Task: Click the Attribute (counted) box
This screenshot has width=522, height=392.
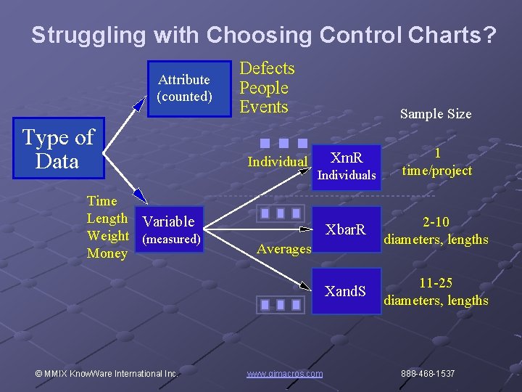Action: coord(184,88)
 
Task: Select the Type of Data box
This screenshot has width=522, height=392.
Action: coord(57,149)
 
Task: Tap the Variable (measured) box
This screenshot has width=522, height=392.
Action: coord(171,229)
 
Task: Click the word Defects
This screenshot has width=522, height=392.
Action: coord(267,69)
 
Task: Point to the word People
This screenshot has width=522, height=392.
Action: coord(264,88)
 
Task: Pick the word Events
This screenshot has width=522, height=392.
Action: coord(264,107)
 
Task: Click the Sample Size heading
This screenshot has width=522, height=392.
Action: coord(435,114)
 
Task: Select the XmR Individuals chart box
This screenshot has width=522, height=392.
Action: coord(347,166)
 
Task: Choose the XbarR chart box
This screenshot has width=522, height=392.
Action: coord(346,231)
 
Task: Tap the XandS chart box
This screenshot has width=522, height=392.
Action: coord(346,292)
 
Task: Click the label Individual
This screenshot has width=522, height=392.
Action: coord(278,162)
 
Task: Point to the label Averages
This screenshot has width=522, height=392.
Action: coord(284,249)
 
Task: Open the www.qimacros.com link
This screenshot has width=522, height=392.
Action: coord(284,374)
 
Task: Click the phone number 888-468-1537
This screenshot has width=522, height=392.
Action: coord(428,374)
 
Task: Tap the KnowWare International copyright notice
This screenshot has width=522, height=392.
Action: coord(106,374)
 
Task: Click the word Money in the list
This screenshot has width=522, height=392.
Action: coord(107,253)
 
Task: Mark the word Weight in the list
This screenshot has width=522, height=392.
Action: coord(107,236)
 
